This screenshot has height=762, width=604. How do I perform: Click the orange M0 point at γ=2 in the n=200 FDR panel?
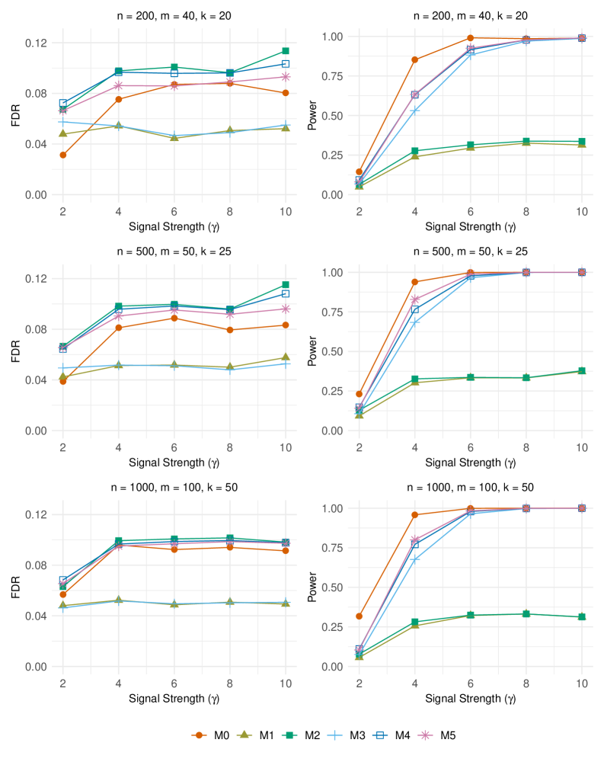tap(62, 155)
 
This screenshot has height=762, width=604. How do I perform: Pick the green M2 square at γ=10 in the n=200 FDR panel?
tap(286, 51)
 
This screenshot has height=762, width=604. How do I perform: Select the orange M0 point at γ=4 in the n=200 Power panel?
tap(414, 59)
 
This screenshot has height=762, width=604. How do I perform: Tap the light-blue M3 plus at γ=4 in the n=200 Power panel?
tap(414, 110)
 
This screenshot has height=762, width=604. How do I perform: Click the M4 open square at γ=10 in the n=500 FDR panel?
tap(286, 293)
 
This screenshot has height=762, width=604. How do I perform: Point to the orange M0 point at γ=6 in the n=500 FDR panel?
tap(174, 318)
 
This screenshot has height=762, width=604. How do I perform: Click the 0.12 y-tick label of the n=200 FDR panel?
tap(30, 43)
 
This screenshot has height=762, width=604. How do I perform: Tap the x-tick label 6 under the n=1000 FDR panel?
tap(174, 680)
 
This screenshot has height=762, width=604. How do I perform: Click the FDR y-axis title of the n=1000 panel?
tap(11, 583)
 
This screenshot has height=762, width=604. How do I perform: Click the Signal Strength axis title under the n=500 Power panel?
tap(470, 462)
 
